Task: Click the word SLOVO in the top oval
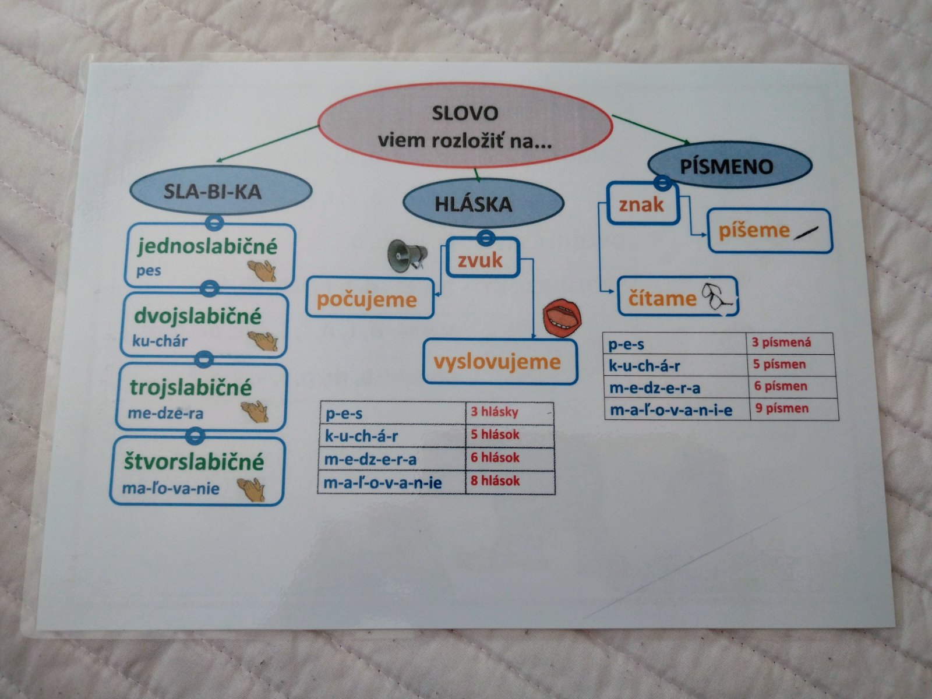point(465,114)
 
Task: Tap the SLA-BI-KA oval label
point(221,190)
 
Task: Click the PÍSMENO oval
point(730,165)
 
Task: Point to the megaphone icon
point(407,255)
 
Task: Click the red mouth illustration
point(562,318)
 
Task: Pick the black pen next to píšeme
point(806,232)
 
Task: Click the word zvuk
point(480,260)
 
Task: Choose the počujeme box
point(370,298)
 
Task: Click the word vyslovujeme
point(497,362)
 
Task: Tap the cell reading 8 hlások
point(510,482)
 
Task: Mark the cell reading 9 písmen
point(794,409)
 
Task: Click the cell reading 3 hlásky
point(510,412)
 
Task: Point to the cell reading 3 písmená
point(790,343)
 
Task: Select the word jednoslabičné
point(207,246)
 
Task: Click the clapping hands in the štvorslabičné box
point(252,489)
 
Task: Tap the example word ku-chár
point(160,341)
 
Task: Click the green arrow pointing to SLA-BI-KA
point(267,144)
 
